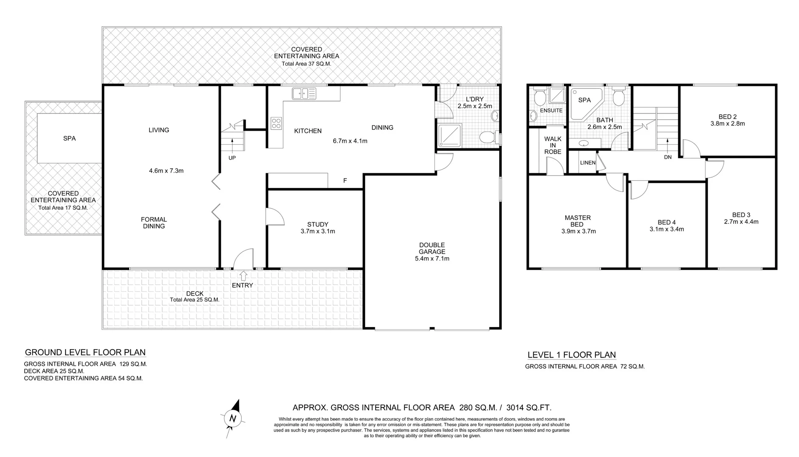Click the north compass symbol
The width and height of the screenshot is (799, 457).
click(232, 418)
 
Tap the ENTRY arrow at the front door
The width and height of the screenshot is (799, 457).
click(243, 276)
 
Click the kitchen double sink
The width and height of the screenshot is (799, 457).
click(304, 94)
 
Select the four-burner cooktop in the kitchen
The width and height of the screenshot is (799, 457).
click(276, 123)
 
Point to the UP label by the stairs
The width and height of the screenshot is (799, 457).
click(232, 158)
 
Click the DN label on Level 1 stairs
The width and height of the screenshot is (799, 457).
click(668, 157)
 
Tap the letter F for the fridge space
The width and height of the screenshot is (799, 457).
click(345, 181)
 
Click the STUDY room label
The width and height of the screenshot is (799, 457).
click(318, 225)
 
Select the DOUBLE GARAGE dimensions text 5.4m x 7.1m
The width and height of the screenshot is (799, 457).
click(432, 259)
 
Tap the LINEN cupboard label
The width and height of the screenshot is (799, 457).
click(588, 162)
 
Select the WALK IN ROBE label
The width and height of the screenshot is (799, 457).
click(553, 145)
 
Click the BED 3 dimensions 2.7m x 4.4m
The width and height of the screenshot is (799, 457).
click(741, 222)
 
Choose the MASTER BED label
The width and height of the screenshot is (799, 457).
click(578, 221)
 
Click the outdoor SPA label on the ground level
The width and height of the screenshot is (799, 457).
click(69, 138)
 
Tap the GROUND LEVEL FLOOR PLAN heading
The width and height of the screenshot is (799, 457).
click(85, 352)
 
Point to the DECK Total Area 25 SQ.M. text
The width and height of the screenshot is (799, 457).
click(194, 300)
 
